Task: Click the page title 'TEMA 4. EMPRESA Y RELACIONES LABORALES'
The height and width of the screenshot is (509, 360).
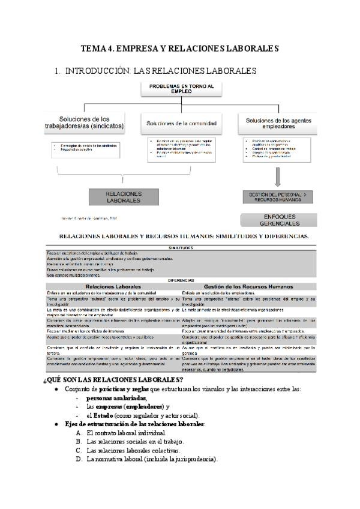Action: tap(179, 47)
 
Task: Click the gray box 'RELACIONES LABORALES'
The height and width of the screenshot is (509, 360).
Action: tap(124, 197)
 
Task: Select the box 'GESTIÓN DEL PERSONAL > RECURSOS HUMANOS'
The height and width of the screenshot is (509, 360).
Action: tap(278, 196)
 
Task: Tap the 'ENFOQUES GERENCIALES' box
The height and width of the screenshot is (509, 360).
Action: tap(278, 219)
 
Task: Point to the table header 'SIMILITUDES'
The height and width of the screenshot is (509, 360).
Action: tap(181, 247)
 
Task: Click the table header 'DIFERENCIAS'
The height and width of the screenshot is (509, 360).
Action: tap(181, 280)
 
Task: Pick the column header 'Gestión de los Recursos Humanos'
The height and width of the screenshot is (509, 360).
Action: tap(247, 286)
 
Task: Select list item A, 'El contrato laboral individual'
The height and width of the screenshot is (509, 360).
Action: tap(126, 433)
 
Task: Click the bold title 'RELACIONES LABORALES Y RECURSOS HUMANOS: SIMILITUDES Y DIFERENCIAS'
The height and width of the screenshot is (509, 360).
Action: tap(180, 236)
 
